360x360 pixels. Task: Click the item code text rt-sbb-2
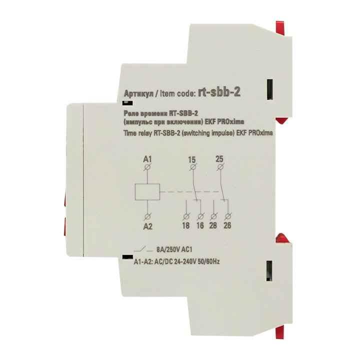219,92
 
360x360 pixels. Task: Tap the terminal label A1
147,159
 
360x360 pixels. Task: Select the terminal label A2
147,226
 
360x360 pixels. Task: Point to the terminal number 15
191,160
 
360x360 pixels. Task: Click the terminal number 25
219,159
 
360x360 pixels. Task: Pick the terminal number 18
185,225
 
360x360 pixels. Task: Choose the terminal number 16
200,225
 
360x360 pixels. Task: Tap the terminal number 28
213,225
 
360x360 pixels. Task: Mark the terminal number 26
227,225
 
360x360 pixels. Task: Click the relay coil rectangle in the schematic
147,191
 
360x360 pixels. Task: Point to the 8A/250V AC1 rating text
174,249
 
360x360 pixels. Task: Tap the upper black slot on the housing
270,89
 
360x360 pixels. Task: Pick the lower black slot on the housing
269,271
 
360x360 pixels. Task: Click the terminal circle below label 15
193,167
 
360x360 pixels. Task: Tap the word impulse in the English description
222,133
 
